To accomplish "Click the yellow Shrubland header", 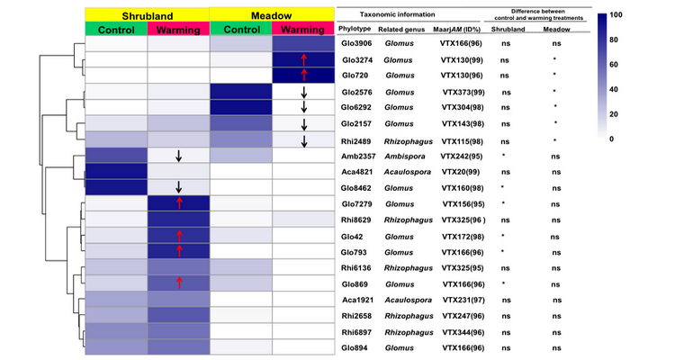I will coord(147,14).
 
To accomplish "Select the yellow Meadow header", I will coord(271,14).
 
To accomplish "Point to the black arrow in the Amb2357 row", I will coord(179,156).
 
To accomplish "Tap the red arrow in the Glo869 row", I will coord(179,284).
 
